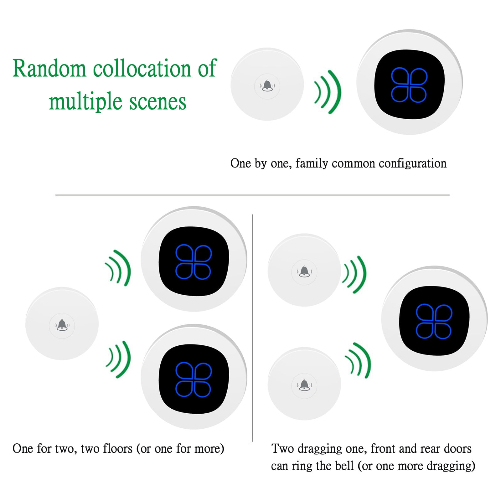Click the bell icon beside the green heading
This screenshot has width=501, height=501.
(267, 85)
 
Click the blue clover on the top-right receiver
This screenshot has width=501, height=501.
(409, 85)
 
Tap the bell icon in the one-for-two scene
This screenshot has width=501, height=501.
(62, 325)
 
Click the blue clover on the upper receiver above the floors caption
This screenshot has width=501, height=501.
(194, 261)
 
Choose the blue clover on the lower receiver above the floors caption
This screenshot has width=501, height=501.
(194, 380)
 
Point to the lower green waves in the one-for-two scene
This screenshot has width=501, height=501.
(118, 359)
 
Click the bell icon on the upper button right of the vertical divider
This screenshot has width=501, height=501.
(304, 271)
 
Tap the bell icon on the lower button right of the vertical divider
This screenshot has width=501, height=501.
(304, 385)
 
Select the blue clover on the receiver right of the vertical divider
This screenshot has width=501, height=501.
(434, 321)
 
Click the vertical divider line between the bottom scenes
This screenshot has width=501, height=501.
(252, 328)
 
